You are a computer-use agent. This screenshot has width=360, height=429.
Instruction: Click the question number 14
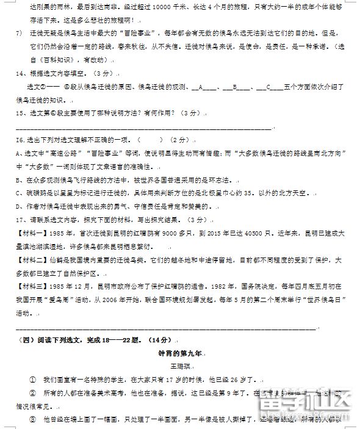(16, 73)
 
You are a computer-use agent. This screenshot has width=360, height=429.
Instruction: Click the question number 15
(16, 113)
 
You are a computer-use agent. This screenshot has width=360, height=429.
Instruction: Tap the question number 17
(16, 219)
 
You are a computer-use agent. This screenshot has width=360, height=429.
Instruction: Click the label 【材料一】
(28, 233)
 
